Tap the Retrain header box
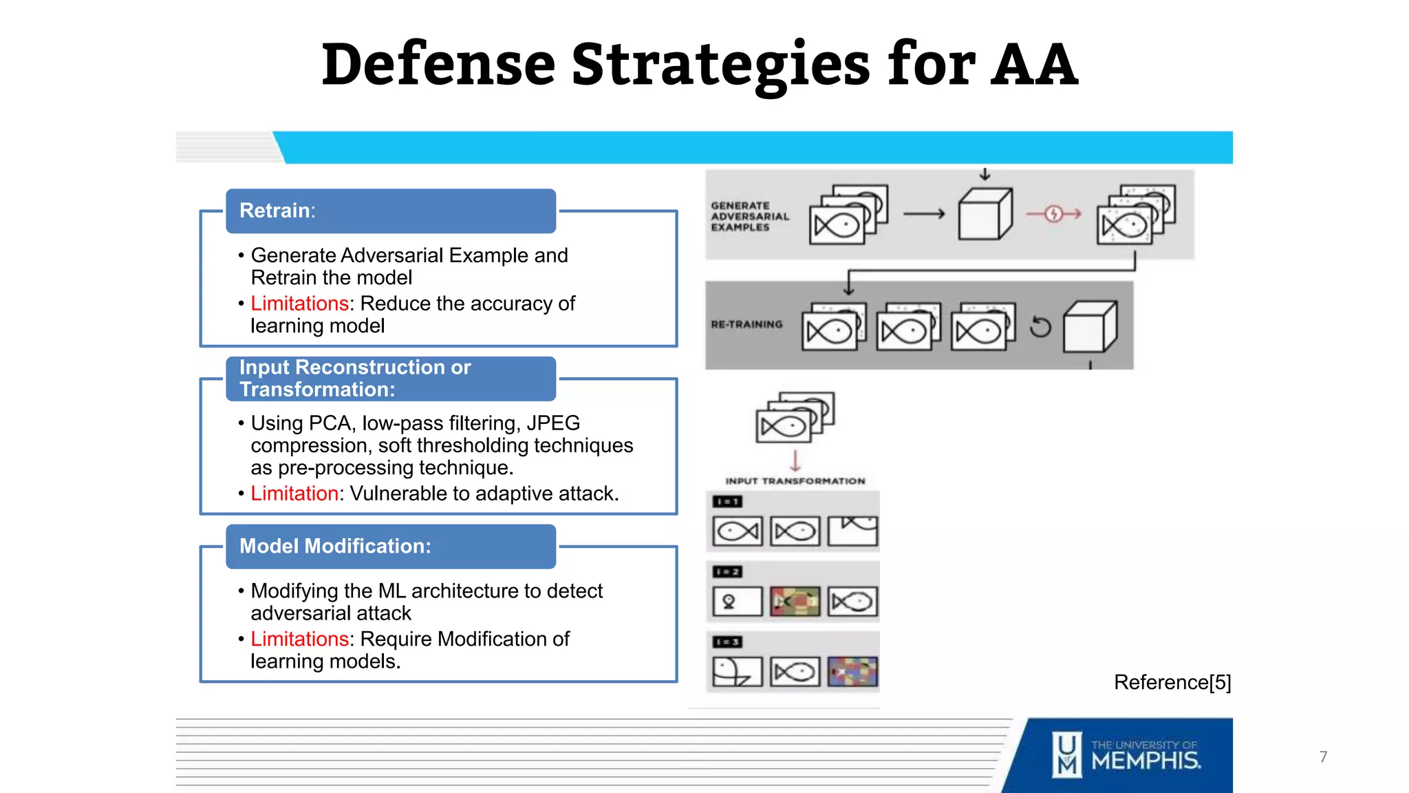390,211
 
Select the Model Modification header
390,546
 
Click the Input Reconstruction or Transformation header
390,379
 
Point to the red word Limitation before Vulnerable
294,494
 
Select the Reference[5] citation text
1172,682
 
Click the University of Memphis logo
1127,755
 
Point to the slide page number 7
1323,757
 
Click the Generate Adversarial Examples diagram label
749,216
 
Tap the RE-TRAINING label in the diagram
746,324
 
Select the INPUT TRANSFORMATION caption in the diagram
795,481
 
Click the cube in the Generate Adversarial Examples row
985,214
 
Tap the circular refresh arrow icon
1040,326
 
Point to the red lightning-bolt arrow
1053,214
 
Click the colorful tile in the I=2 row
795,602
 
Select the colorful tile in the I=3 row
852,672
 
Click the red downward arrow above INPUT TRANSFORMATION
795,460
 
